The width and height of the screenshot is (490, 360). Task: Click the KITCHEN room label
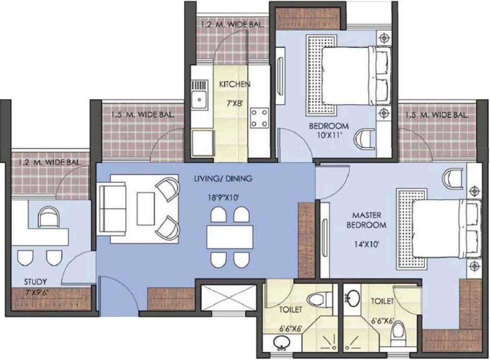pyautogui.click(x=234, y=84)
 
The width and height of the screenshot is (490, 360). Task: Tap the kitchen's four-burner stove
pyautogui.click(x=259, y=118)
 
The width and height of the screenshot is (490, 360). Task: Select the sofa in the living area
pyautogui.click(x=112, y=209)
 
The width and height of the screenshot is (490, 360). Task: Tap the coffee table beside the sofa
pyautogui.click(x=144, y=209)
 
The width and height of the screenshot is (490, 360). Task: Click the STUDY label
pyautogui.click(x=35, y=282)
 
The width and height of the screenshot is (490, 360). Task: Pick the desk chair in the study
pyautogui.click(x=48, y=217)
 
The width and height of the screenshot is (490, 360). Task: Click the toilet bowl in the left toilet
pyautogui.click(x=320, y=299)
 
